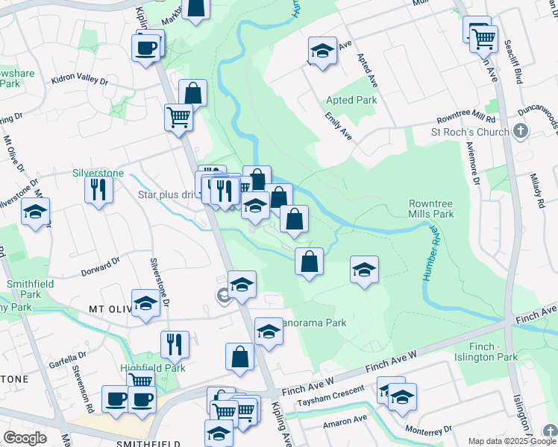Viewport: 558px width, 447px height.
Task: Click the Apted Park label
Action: point(351,100)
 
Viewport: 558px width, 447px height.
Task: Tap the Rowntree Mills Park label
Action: point(431,209)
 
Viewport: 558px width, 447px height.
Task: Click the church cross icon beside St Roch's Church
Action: point(521,132)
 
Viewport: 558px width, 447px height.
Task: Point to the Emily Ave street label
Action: point(338,127)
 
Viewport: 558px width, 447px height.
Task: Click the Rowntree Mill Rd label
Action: point(466,119)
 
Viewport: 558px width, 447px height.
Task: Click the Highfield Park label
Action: point(142,368)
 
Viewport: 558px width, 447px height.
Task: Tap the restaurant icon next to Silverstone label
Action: point(98,190)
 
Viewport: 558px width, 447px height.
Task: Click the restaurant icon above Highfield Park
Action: point(175,343)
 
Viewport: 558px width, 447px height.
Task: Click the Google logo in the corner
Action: point(25,438)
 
